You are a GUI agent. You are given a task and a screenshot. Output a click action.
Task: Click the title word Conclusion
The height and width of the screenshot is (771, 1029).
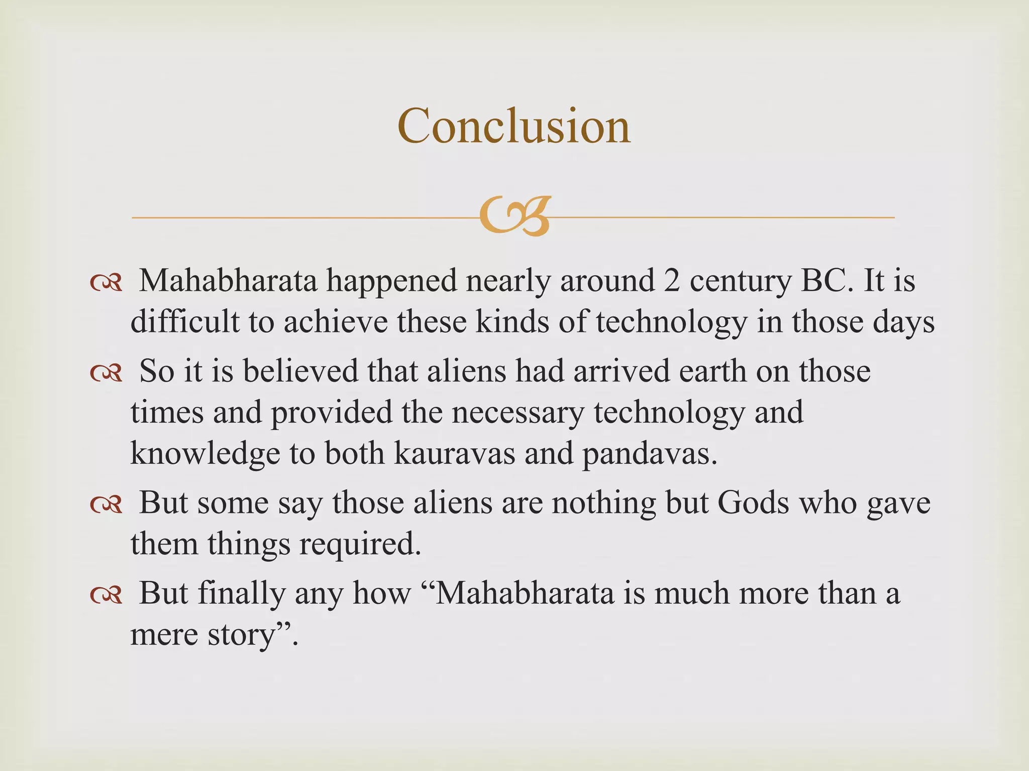point(513,126)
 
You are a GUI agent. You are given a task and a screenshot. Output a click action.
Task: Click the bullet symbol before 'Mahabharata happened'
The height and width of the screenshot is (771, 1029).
point(106,284)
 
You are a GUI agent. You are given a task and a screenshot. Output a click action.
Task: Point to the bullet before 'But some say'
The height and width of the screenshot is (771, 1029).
point(106,504)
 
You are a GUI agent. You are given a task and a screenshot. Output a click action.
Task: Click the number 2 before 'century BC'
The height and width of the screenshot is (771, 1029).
point(672,281)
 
